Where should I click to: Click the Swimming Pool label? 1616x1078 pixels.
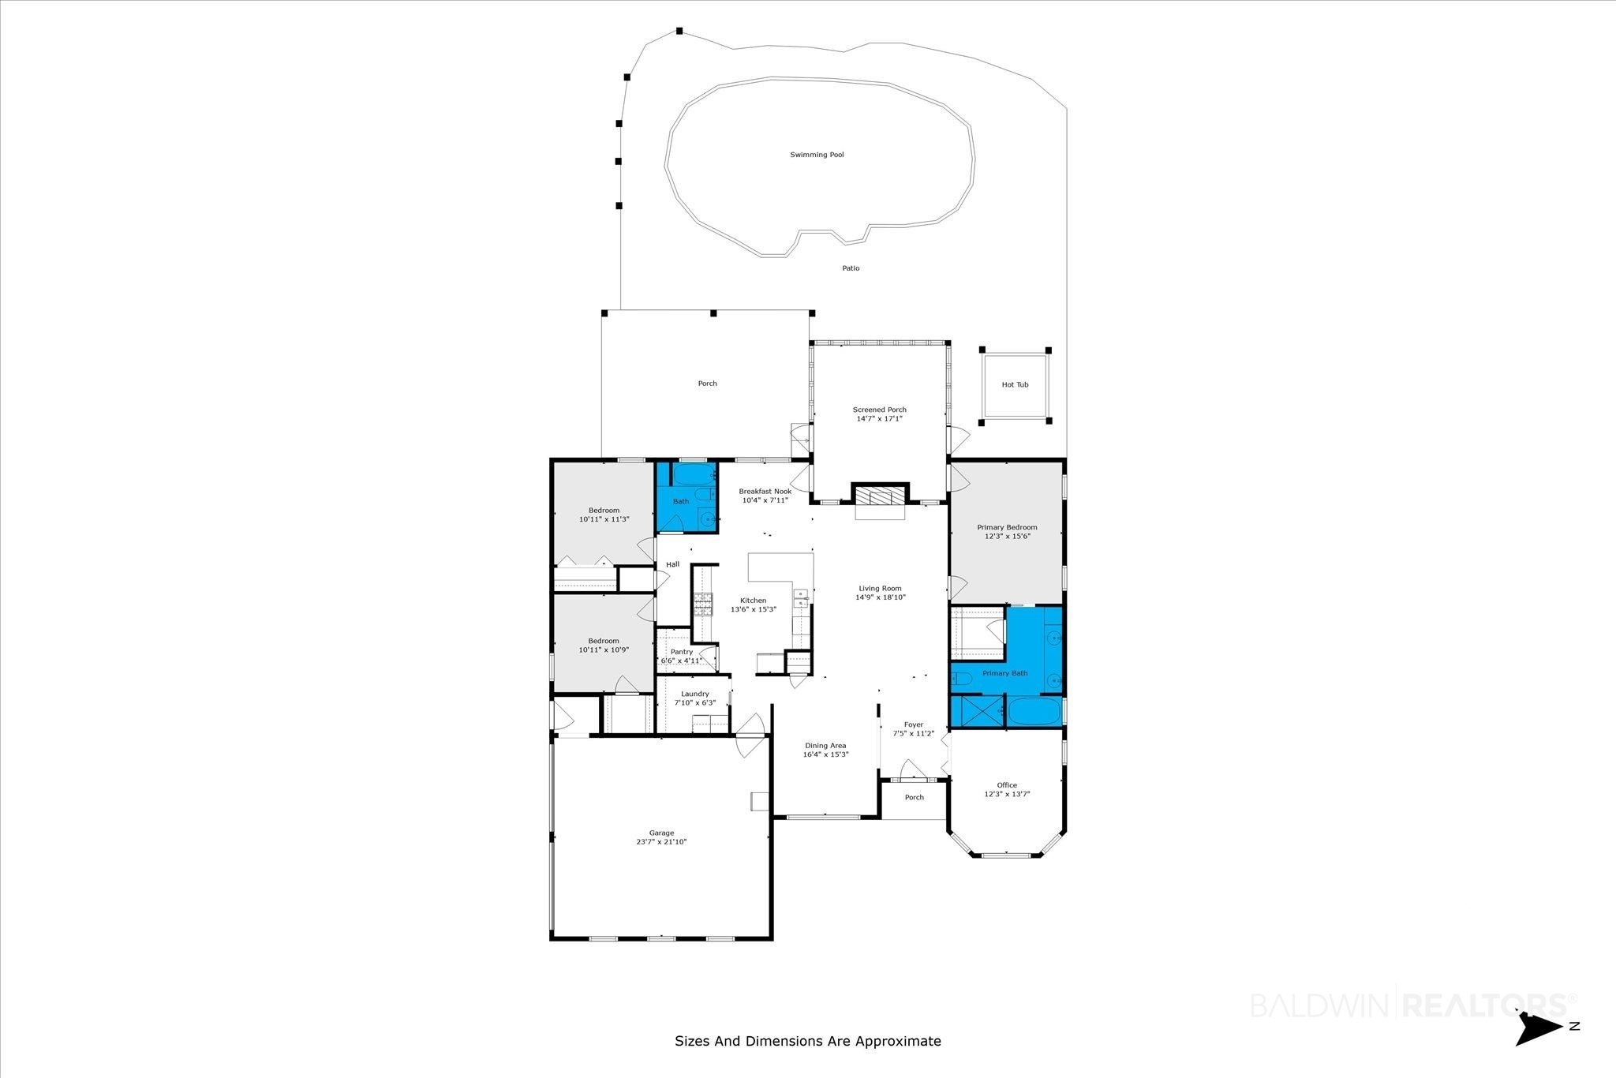click(817, 155)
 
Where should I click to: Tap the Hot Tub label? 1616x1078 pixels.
click(1015, 385)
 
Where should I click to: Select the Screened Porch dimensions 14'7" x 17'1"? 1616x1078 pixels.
click(879, 419)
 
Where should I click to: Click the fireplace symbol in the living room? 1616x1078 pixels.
click(880, 496)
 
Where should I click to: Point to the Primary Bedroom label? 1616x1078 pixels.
click(1007, 527)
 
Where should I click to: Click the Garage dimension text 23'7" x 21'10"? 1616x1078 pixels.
click(661, 842)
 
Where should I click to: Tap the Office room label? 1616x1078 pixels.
click(1007, 785)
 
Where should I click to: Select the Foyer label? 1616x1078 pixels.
click(913, 724)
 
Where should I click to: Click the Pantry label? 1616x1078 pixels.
click(682, 652)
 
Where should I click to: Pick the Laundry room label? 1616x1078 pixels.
click(695, 694)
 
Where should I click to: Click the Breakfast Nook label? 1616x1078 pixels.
click(765, 491)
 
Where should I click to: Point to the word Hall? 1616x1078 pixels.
click(672, 564)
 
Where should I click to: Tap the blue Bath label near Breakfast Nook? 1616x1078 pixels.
click(681, 501)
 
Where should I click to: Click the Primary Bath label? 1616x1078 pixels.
click(1005, 673)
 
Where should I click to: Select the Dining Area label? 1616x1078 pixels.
click(825, 746)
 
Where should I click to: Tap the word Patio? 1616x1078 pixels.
click(851, 268)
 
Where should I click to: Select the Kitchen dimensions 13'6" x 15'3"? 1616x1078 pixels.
click(754, 609)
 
